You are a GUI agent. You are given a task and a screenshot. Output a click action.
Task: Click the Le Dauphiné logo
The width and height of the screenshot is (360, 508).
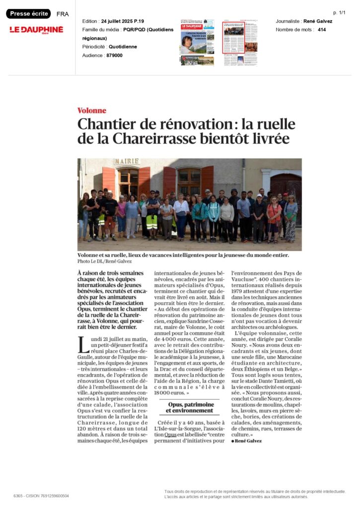[x=36, y=30]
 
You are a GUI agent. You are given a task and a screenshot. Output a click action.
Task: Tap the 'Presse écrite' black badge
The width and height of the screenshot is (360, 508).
[x=28, y=14]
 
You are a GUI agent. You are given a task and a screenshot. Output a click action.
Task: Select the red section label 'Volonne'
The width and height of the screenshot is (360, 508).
[x=91, y=111]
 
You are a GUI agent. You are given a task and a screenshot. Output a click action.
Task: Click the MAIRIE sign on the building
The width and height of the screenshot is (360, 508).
[x=127, y=162]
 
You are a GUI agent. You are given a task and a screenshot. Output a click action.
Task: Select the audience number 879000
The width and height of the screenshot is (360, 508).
[x=114, y=56]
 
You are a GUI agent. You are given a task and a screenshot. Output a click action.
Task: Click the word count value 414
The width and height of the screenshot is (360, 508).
[x=322, y=30]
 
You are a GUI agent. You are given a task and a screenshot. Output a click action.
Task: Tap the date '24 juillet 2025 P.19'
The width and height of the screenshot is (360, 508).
[x=122, y=21]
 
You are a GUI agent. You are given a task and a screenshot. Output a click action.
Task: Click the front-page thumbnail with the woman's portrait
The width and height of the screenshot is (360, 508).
[x=197, y=43]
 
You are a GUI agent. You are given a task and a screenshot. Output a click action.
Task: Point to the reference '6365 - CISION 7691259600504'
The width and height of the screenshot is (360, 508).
[x=41, y=496]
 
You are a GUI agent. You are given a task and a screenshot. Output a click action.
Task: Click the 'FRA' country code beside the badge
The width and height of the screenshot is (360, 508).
[x=63, y=14]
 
